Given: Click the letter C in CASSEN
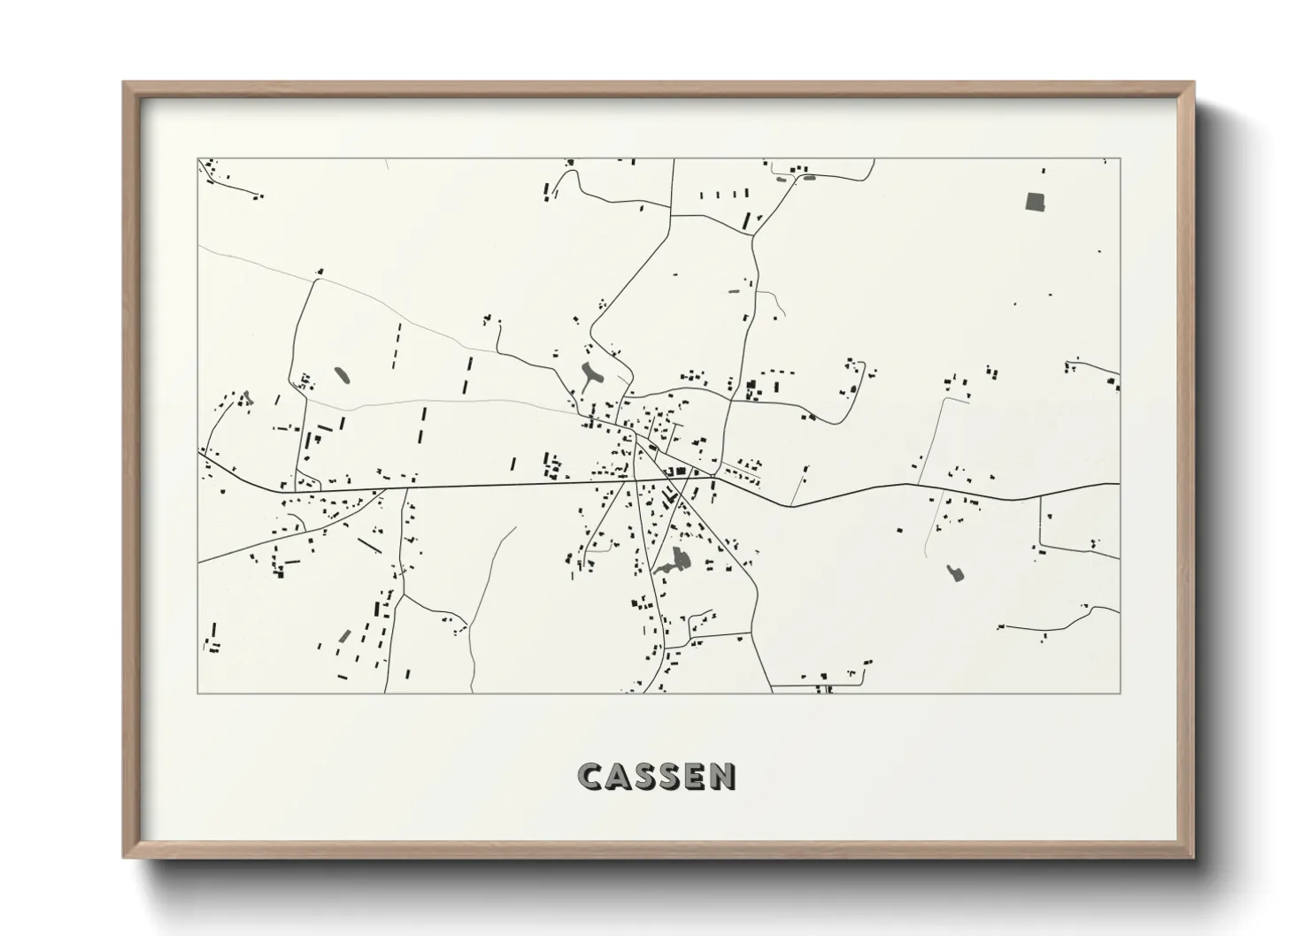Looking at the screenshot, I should [592, 777].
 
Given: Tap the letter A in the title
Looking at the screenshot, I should [620, 777].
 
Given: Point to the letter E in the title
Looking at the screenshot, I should [699, 777].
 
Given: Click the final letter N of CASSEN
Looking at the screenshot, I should [724, 777].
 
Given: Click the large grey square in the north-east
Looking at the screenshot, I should [1035, 201].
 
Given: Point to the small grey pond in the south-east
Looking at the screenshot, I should [953, 572].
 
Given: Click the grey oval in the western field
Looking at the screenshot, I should [342, 374].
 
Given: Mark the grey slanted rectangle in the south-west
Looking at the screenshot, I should [345, 636].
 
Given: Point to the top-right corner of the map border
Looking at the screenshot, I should [1120, 159].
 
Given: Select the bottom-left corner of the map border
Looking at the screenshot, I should [198, 693].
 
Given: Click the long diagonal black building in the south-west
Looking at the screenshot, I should [368, 546].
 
